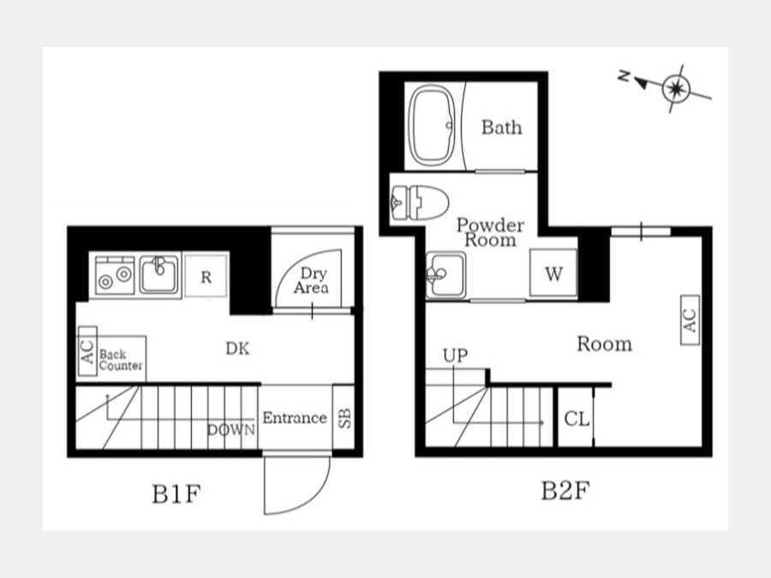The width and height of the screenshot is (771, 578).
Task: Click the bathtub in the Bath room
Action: pyautogui.click(x=433, y=125)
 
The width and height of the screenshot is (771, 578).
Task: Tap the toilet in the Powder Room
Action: pyautogui.click(x=420, y=202)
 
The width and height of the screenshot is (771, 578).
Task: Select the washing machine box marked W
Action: pyautogui.click(x=553, y=273)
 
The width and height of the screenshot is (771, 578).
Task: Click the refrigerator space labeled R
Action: pyautogui.click(x=206, y=277)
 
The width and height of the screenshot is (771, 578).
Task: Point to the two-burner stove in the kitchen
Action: pyautogui.click(x=115, y=276)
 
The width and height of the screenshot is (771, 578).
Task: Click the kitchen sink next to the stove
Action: pyautogui.click(x=158, y=274)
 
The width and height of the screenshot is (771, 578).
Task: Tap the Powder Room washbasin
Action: pyautogui.click(x=445, y=275)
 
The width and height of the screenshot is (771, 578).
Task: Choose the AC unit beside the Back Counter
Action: pyautogui.click(x=87, y=351)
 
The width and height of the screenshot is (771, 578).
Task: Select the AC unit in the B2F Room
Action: pyautogui.click(x=690, y=320)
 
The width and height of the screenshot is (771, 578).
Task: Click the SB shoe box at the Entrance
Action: pyautogui.click(x=344, y=417)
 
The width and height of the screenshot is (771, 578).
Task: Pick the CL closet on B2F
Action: pyautogui.click(x=576, y=418)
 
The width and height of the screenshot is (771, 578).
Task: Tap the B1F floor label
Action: pyautogui.click(x=176, y=493)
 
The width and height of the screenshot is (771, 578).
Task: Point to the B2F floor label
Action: pyautogui.click(x=565, y=490)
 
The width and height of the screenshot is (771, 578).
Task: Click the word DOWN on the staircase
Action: pyautogui.click(x=231, y=430)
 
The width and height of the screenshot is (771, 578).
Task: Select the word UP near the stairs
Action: pyautogui.click(x=456, y=355)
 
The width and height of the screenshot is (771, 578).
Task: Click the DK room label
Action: pyautogui.click(x=237, y=349)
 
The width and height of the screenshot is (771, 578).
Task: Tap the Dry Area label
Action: pyautogui.click(x=312, y=280)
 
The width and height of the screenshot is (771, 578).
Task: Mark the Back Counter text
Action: pyautogui.click(x=121, y=360)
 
